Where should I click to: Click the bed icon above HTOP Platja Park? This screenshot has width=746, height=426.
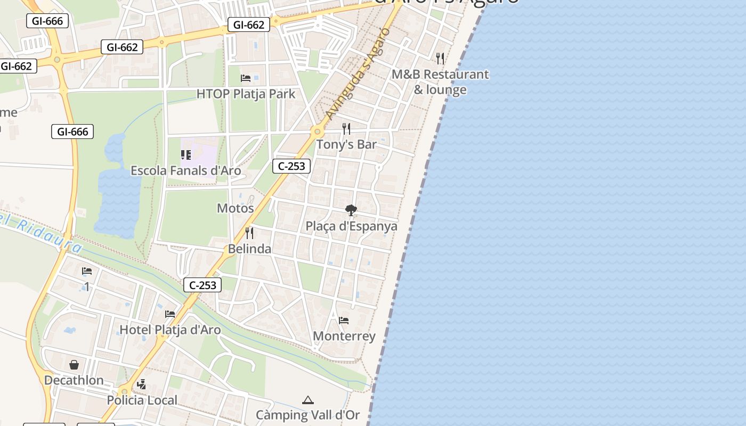coord(246,78)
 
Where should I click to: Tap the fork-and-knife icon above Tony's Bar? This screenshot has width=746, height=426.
coord(346,128)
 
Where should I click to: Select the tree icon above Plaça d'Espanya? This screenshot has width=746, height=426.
coord(351,210)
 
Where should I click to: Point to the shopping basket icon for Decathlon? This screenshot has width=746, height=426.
coord(74,365)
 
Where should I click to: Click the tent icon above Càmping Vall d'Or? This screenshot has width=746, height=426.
coord(307,400)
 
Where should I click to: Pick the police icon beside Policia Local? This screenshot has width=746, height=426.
coord(141,384)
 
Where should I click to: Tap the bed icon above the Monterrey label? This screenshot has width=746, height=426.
coord(344,321)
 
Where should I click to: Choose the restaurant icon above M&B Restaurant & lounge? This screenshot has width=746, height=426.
coord(440,58)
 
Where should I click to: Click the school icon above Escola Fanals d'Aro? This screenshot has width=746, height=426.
coord(185,155)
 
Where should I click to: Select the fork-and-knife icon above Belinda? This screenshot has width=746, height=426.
coord(249,233)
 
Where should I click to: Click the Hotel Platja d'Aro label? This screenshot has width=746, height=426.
coord(170,330)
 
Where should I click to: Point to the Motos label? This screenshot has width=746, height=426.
coord(235,208)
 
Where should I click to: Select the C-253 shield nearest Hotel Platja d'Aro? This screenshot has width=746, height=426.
coord(202,285)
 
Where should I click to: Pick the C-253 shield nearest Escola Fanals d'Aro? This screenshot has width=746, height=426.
coord(291,166)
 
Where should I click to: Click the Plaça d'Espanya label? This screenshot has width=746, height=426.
coord(351,226)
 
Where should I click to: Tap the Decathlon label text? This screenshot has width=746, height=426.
coord(74,380)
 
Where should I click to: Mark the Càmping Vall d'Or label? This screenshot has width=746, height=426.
coord(307,415)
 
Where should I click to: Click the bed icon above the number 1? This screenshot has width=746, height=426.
coord(87,271)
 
